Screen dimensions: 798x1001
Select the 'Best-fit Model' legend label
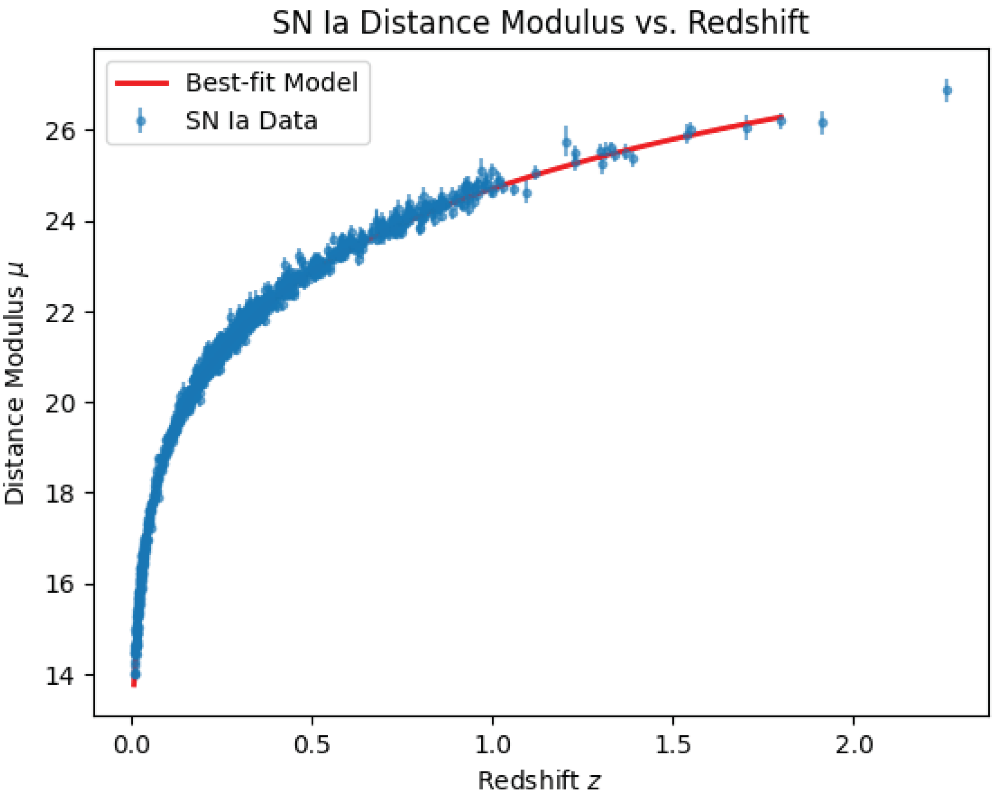(272, 83)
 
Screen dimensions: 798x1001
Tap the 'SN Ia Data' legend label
(251, 121)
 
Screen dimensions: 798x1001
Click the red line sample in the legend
(142, 84)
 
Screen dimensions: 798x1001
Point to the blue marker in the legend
(141, 121)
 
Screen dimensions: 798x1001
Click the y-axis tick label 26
(61, 131)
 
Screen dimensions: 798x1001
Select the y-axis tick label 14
(61, 676)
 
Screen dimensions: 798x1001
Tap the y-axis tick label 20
(61, 404)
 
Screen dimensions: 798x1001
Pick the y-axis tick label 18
(61, 494)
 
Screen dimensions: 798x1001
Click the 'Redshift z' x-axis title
(540, 780)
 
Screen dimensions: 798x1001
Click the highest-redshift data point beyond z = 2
(948, 91)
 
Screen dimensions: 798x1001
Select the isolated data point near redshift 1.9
(823, 123)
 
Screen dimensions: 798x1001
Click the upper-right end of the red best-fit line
(782, 116)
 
